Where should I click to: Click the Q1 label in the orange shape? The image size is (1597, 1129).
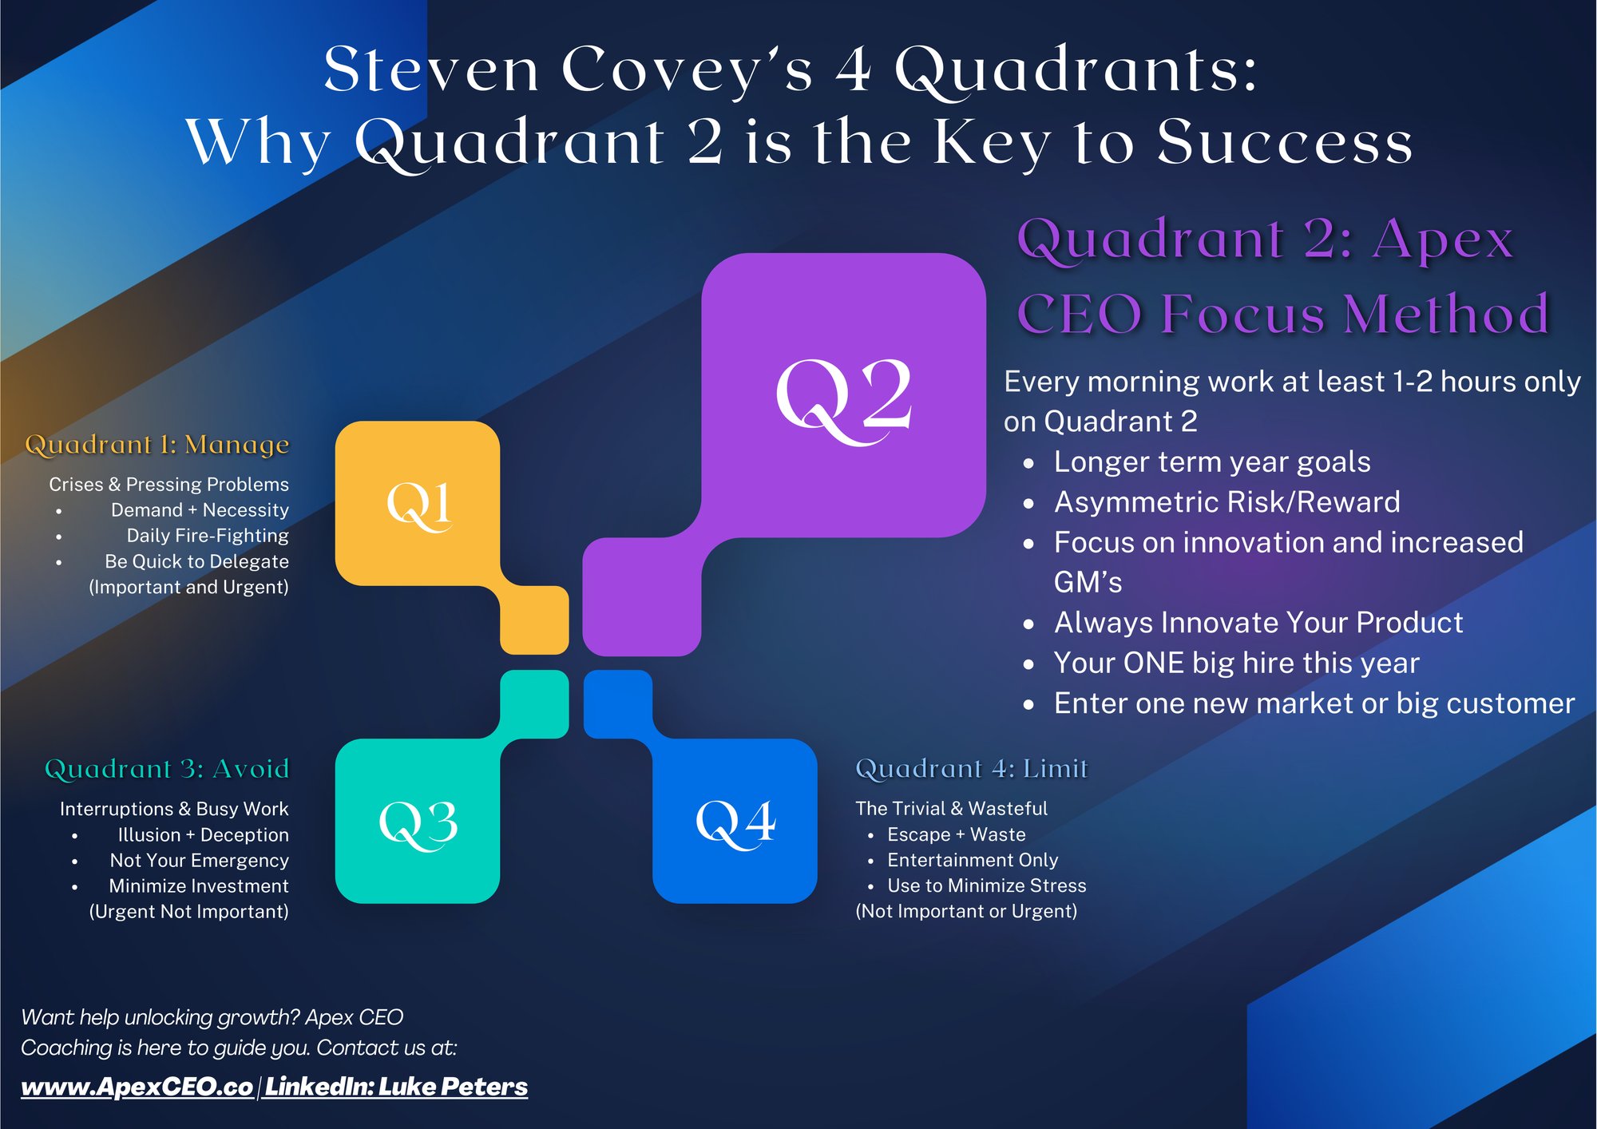(418, 505)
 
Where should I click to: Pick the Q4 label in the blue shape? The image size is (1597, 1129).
(735, 822)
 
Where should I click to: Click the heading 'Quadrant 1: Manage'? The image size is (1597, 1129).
(157, 445)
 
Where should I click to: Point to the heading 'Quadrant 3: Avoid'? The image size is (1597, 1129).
(167, 769)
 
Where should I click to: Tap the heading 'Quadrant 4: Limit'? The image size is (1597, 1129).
(971, 769)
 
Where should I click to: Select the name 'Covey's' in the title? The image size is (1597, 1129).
(688, 70)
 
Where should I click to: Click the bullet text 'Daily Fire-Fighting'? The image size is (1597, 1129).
(208, 536)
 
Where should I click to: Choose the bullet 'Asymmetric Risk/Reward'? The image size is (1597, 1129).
(1226, 502)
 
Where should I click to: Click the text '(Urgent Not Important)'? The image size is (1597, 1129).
(188, 912)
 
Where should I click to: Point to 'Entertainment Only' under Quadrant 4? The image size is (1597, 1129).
(973, 860)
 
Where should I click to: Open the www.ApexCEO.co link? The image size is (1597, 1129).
(137, 1087)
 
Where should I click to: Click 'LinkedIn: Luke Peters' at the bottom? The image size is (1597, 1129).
(396, 1087)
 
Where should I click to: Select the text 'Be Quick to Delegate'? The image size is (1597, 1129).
(196, 561)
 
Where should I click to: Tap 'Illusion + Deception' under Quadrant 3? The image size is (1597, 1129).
(203, 835)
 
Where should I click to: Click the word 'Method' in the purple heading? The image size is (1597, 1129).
(1446, 313)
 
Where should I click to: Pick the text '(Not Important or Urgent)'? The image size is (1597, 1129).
(966, 911)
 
